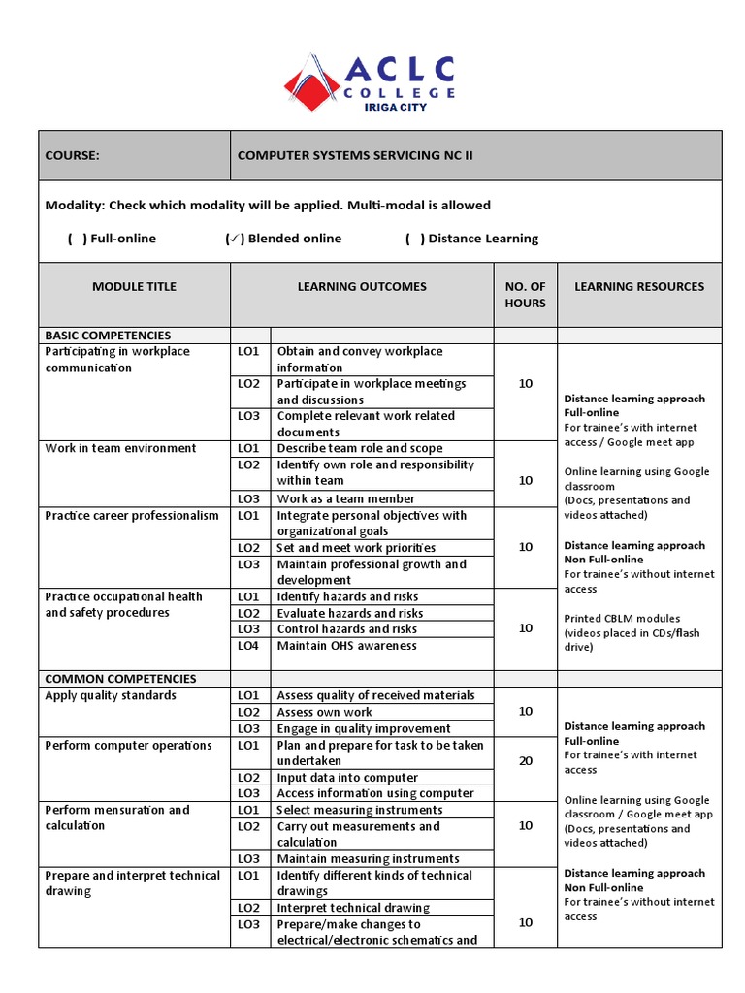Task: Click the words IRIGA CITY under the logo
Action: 395,107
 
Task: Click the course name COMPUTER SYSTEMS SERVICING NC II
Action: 355,155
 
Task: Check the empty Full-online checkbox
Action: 77,239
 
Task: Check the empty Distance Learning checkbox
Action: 414,239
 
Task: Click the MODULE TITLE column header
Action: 134,286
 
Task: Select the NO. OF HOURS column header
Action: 525,294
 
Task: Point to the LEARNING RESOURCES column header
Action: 639,286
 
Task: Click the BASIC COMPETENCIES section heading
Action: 108,335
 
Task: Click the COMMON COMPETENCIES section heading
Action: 120,679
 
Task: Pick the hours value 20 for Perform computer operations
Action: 525,761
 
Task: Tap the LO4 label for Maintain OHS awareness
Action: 248,646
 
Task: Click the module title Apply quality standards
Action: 111,695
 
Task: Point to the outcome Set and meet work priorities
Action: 356,548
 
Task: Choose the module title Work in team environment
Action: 120,448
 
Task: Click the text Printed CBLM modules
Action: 622,618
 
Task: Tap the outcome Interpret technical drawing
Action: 353,908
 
